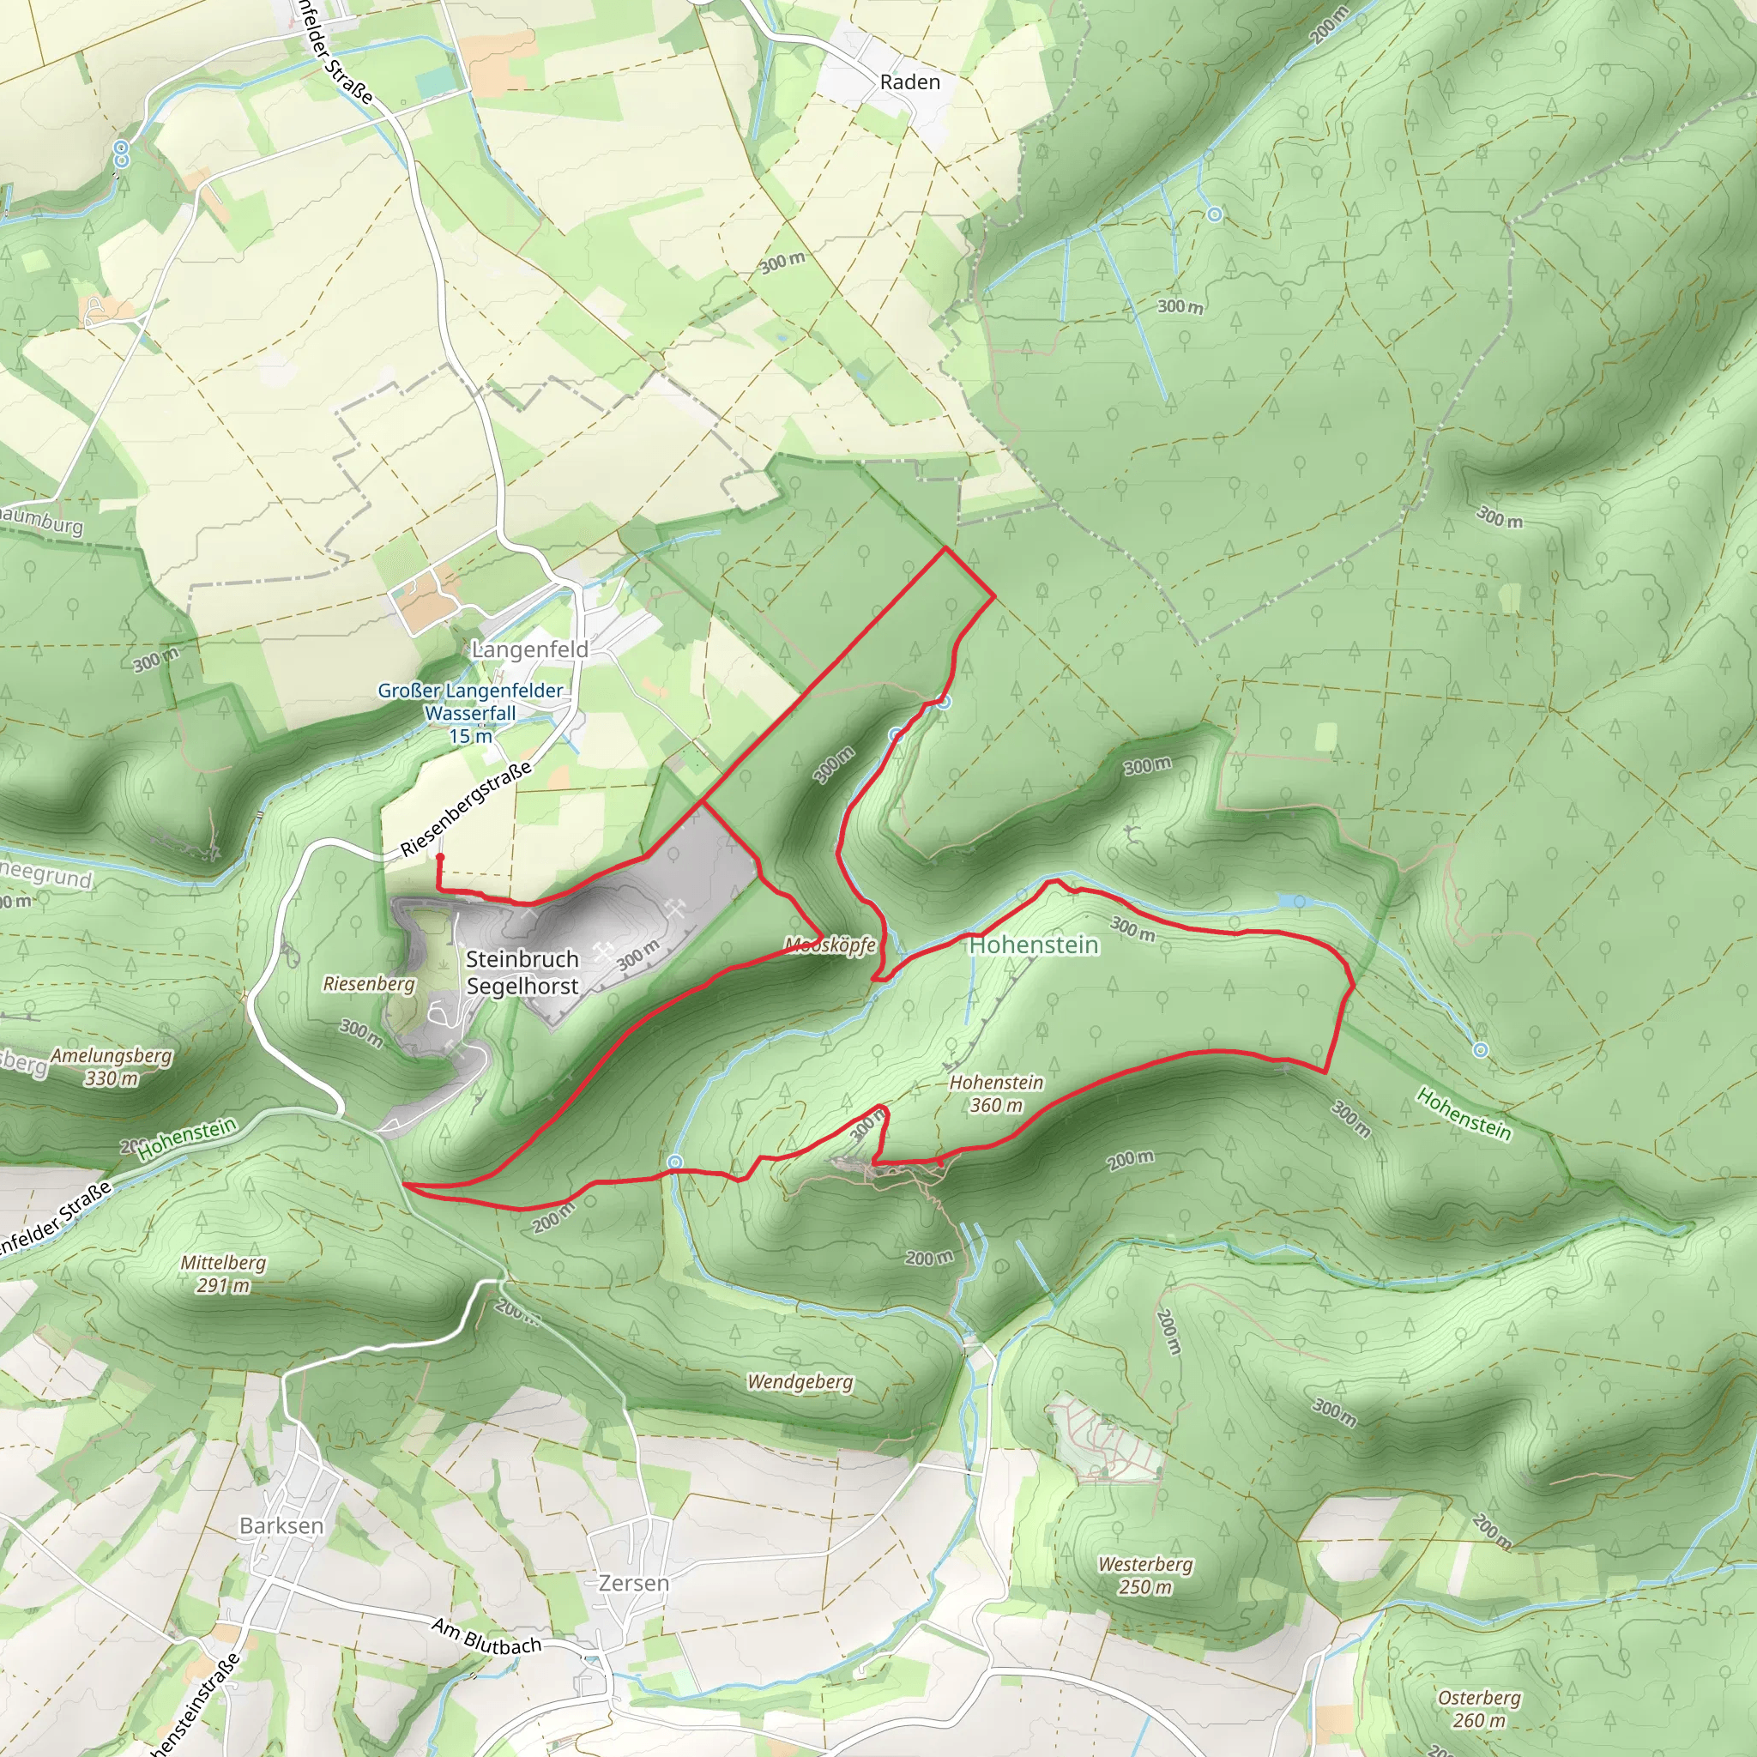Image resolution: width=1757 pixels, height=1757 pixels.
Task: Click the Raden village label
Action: (x=909, y=82)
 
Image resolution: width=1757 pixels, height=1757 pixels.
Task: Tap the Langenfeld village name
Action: (x=530, y=649)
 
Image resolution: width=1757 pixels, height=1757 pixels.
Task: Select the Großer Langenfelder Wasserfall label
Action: (x=470, y=713)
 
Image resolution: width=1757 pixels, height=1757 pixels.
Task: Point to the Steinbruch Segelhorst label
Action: (x=522, y=972)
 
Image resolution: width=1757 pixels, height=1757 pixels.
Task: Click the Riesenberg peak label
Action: (x=368, y=983)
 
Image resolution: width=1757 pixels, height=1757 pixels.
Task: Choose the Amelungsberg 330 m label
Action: (x=111, y=1066)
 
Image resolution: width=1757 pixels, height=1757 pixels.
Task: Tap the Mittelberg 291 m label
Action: (x=223, y=1273)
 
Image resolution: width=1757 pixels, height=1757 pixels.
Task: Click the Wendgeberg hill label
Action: (x=800, y=1381)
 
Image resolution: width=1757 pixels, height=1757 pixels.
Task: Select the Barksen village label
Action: (x=281, y=1525)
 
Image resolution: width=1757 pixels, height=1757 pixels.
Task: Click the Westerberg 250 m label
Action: (x=1145, y=1575)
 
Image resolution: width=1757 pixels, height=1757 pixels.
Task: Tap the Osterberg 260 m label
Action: (x=1479, y=1709)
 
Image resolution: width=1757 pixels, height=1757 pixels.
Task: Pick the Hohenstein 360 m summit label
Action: (x=996, y=1093)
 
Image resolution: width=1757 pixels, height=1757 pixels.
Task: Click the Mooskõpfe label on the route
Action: (x=830, y=945)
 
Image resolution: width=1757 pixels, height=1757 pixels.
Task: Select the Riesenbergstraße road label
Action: (x=466, y=809)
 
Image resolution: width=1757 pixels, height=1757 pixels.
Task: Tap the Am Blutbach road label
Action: (x=486, y=1636)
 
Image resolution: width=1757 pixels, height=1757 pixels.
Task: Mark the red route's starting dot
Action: (x=440, y=857)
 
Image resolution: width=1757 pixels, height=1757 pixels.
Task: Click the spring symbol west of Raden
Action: (x=122, y=153)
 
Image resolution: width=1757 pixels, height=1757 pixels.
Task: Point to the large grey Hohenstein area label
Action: (x=1034, y=945)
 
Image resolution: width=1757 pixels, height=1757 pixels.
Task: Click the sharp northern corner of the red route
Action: (x=945, y=548)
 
